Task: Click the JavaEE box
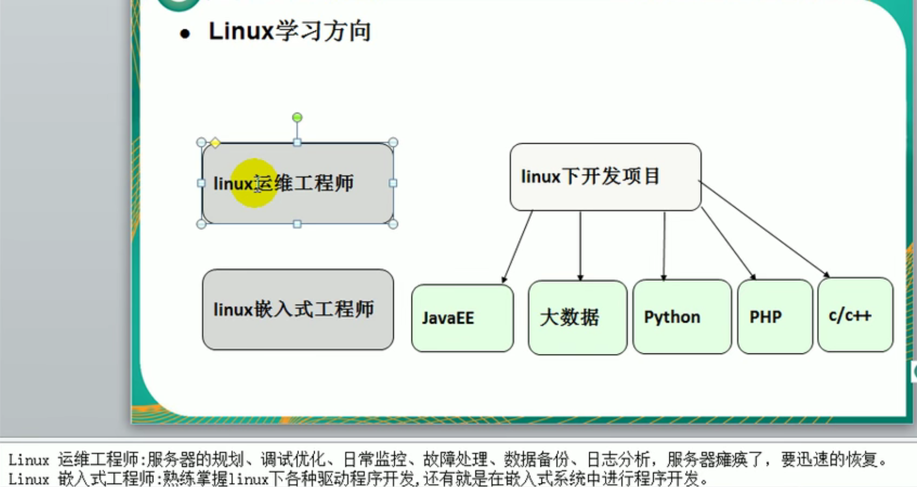pos(462,318)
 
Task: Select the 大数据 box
pos(577,318)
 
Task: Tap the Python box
pos(682,317)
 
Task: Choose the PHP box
pos(774,317)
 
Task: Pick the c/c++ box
pos(855,315)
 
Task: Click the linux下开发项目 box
pos(605,177)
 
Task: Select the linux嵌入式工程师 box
pos(297,309)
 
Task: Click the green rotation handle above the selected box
pos(297,118)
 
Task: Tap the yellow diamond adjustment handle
pos(215,143)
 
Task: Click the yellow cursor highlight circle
pos(254,183)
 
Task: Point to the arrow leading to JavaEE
pos(518,246)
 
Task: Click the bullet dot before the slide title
pos(185,34)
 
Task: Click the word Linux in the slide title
pos(241,31)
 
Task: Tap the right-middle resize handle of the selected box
pos(393,183)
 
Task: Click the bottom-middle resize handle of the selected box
pos(297,224)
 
